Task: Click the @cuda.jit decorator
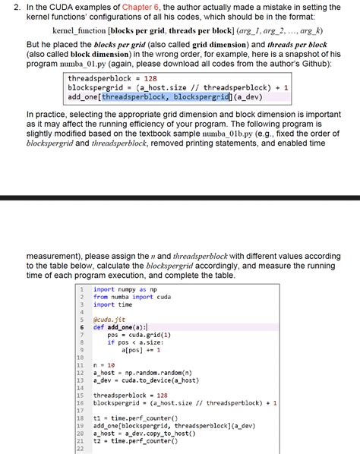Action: point(109,319)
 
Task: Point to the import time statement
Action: point(115,304)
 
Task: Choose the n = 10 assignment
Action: point(104,365)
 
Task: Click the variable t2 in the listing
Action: point(97,441)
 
